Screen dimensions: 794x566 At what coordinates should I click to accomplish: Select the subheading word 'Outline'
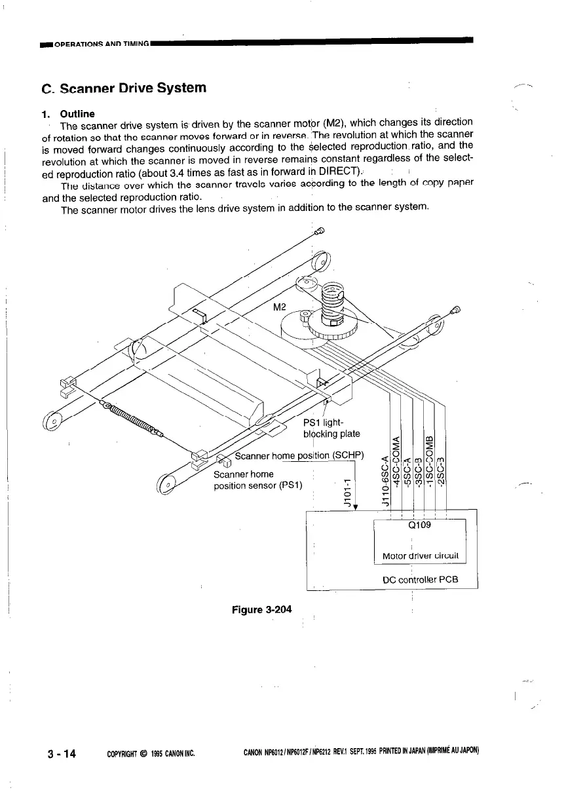[x=77, y=114]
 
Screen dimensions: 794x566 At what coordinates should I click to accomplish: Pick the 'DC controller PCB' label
[x=420, y=580]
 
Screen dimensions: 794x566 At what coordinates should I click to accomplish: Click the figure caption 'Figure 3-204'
[x=262, y=610]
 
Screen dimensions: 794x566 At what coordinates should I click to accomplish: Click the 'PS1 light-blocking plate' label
[x=330, y=427]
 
